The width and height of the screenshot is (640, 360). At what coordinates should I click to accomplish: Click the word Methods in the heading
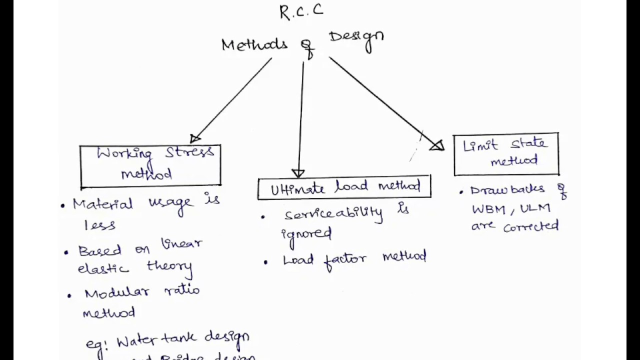pyautogui.click(x=254, y=44)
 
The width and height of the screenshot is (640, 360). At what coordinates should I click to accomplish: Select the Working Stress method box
pyautogui.click(x=150, y=165)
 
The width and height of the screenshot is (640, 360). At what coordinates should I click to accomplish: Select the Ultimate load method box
pyautogui.click(x=344, y=188)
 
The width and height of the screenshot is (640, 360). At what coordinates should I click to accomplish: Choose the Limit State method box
pyautogui.click(x=506, y=154)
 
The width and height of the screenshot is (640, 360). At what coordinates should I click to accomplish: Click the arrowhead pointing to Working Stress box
pyautogui.click(x=195, y=138)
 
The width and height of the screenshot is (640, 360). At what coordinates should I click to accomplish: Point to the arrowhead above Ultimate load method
pyautogui.click(x=298, y=173)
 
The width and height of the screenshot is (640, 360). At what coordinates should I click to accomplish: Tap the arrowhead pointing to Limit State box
pyautogui.click(x=437, y=145)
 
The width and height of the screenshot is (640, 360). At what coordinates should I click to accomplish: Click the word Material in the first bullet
pyautogui.click(x=102, y=203)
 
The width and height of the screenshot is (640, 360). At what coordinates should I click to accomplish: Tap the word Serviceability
pyautogui.click(x=333, y=213)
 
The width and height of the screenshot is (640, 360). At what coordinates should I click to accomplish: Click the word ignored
pyautogui.click(x=306, y=233)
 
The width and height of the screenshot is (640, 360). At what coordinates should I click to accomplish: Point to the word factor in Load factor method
pyautogui.click(x=345, y=259)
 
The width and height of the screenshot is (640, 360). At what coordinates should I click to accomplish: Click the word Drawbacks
pyautogui.click(x=507, y=190)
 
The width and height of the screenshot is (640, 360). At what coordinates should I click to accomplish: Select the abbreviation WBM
pyautogui.click(x=488, y=208)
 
